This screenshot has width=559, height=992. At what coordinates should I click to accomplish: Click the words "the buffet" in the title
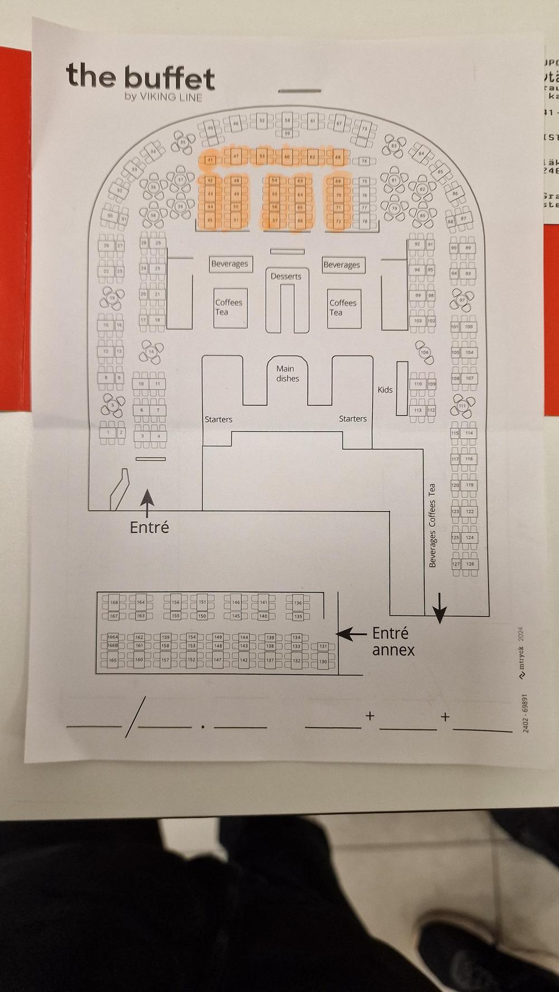(x=140, y=77)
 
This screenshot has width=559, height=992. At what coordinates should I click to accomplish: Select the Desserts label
(x=286, y=276)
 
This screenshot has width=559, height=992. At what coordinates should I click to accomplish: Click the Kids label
(x=385, y=390)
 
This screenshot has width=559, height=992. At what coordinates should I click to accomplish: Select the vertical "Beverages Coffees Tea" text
(x=432, y=526)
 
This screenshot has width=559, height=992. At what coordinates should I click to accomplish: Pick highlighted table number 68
(x=338, y=158)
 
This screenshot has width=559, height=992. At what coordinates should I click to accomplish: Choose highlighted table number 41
(x=210, y=160)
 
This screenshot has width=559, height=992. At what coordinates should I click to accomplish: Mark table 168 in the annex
(x=114, y=602)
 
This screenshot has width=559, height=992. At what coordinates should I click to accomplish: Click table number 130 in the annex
(x=323, y=661)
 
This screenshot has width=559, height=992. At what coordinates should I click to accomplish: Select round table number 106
(x=424, y=352)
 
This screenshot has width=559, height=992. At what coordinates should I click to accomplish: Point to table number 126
(x=470, y=564)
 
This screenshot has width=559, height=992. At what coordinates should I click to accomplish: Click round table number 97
(x=462, y=300)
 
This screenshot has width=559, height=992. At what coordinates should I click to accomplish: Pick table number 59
(x=287, y=133)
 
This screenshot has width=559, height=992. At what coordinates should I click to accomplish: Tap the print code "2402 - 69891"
(x=525, y=713)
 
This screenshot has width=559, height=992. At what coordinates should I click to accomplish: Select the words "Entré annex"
(x=393, y=641)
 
